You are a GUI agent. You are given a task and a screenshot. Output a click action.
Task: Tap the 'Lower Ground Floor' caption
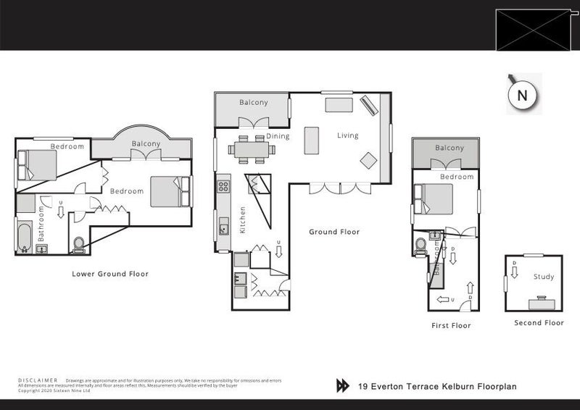coord(110,274)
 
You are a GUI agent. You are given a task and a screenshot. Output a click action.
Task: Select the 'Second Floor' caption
coord(539,323)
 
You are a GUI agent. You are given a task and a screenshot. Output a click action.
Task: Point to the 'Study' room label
coord(543,277)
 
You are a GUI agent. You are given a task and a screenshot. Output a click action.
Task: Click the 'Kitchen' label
coord(243,219)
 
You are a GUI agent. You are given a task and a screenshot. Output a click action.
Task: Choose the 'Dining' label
coord(278,136)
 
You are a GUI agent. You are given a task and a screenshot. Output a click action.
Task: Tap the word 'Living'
coord(349,135)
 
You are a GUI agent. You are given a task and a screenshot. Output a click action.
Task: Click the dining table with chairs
coord(252,151)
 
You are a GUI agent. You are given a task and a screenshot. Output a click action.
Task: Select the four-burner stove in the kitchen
coord(223,186)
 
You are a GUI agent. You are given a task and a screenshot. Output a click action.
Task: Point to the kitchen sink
coord(224,227)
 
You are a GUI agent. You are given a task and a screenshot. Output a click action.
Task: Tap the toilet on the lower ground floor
coord(79,243)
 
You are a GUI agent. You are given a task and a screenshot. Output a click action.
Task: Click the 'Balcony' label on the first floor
coord(449,148)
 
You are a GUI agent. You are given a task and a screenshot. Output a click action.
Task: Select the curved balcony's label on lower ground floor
coord(146,143)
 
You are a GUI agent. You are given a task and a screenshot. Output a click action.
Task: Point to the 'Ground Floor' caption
coord(334,233)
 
